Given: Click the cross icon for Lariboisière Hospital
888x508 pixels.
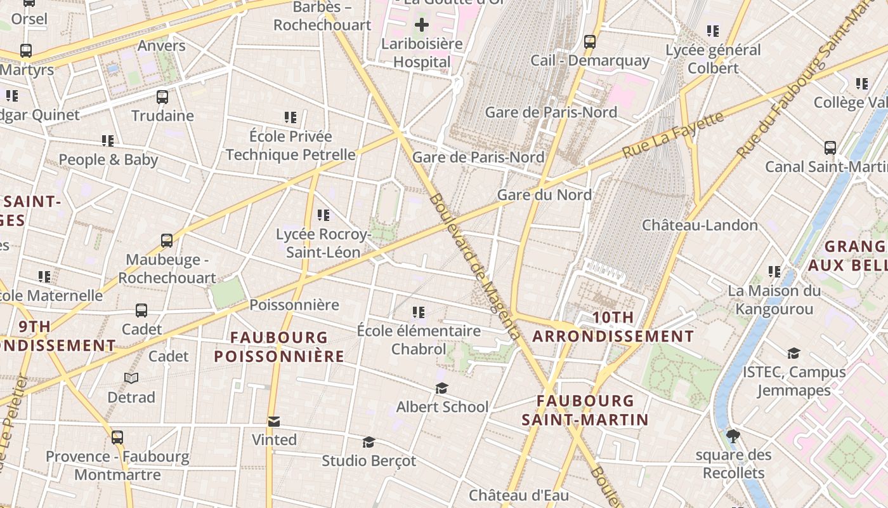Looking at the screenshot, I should [x=422, y=25].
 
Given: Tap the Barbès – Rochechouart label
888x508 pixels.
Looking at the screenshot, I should [x=322, y=17].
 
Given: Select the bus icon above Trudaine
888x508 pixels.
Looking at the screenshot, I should [x=162, y=97].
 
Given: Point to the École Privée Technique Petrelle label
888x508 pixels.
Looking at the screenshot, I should [x=291, y=145].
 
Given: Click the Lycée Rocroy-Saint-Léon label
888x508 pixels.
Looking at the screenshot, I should [x=323, y=243].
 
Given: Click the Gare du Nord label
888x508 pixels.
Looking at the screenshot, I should [x=544, y=195].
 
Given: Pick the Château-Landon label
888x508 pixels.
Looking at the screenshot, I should [x=700, y=225].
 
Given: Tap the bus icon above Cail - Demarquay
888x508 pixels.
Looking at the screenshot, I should [x=590, y=42].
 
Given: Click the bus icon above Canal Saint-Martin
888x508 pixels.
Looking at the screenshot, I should [x=830, y=148].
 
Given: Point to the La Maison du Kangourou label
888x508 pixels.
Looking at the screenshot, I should [x=774, y=300].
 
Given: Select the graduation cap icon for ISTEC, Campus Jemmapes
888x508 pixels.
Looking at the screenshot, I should [x=793, y=354].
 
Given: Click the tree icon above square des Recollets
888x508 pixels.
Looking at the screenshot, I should [x=733, y=436].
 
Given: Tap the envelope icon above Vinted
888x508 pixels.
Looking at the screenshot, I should [x=274, y=422].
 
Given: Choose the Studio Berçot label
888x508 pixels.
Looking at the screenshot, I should [x=369, y=460].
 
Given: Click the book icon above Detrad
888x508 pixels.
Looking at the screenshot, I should [x=131, y=378].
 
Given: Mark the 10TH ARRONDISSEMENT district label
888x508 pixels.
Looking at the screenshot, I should [x=613, y=326].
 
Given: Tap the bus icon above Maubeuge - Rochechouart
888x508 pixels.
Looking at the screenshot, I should [x=167, y=241].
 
